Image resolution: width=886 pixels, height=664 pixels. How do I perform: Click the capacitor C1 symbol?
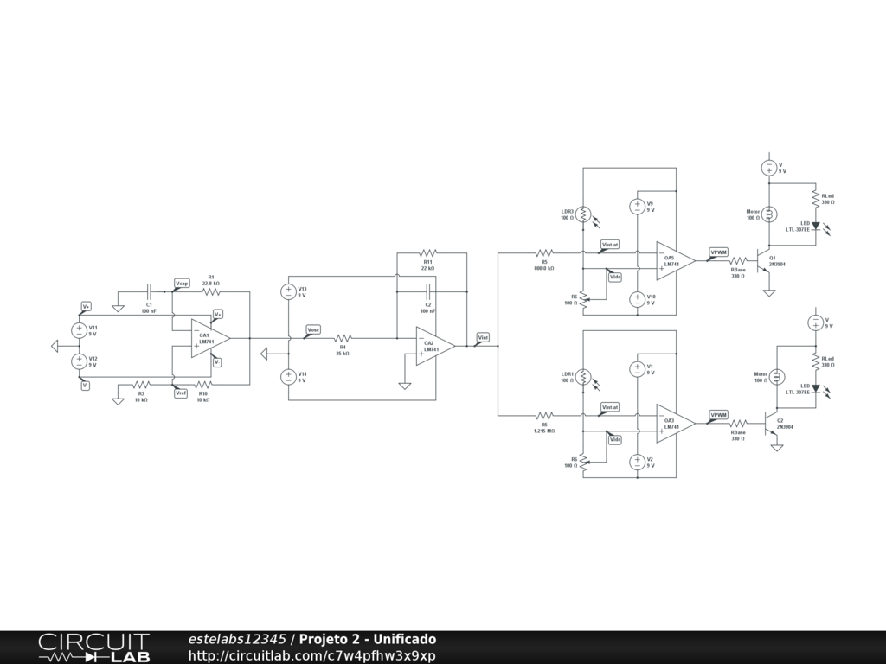coord(148,290)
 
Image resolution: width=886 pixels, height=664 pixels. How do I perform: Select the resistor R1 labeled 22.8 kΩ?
coord(210,290)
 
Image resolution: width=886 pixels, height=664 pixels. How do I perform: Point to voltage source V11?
coord(78,329)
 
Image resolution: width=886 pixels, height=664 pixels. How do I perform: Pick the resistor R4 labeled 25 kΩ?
coord(343,338)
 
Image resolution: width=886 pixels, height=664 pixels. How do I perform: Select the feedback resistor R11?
coord(427,253)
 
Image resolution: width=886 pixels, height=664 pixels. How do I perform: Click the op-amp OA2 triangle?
coord(433,346)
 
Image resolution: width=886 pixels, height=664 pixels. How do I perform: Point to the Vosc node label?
coord(313,329)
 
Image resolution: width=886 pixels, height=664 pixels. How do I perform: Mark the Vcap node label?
coord(182,284)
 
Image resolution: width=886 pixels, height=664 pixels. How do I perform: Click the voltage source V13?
coord(288,291)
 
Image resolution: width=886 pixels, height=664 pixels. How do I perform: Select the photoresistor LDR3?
coord(583,213)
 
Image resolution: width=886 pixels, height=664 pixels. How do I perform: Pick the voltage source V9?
coord(637,207)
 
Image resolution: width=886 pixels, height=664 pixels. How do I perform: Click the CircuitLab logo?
coord(93,648)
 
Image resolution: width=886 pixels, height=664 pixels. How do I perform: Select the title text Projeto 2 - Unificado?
coord(368,639)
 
